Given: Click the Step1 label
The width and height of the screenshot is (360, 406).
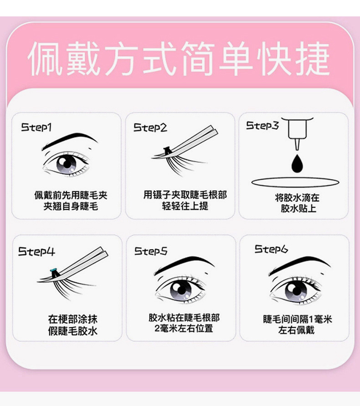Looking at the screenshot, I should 36,127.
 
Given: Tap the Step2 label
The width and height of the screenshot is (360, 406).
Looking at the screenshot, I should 150,127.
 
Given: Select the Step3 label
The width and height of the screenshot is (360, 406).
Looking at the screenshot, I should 262,125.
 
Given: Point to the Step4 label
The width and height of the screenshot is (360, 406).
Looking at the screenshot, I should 36,251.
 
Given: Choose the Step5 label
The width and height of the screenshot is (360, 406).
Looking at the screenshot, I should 151,251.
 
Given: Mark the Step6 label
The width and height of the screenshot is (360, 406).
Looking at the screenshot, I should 271,249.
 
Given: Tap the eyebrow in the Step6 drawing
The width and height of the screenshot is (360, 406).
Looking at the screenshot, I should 298,263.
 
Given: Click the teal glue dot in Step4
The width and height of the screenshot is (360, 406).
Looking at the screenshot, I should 54,272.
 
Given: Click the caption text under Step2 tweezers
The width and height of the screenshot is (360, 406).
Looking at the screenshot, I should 185,200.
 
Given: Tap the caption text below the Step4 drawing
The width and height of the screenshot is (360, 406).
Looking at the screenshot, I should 73,325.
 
